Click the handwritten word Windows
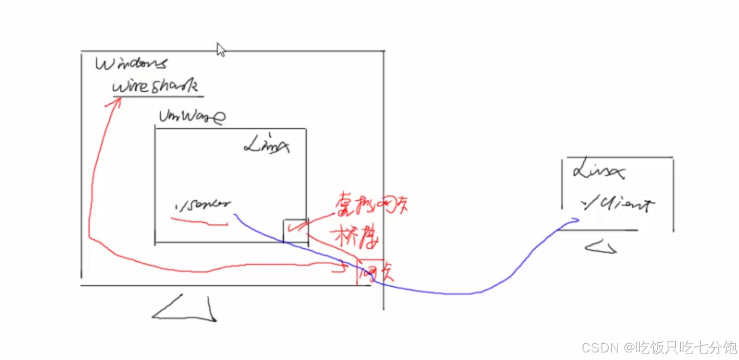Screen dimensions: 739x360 coord(131,64)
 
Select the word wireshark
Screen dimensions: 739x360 coord(155,86)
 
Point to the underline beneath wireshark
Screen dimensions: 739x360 coord(158,97)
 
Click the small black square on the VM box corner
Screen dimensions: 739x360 coord(296,230)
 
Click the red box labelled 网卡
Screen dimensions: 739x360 coord(371,271)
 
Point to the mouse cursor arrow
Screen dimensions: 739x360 coord(220,49)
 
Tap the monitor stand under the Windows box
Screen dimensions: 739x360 coord(186,309)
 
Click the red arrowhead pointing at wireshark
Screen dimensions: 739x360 coord(115,102)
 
